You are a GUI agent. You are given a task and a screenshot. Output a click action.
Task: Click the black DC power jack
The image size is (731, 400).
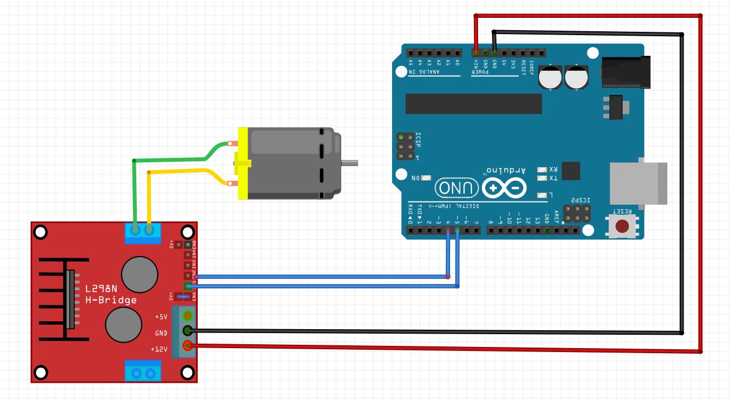(x=625, y=72)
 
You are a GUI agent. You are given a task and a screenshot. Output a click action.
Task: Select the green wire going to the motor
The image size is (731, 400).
(x=135, y=190)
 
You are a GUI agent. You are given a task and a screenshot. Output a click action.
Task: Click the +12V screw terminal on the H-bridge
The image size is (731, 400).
(x=188, y=346)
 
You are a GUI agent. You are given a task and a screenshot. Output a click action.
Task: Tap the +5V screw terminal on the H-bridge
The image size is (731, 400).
(x=188, y=316)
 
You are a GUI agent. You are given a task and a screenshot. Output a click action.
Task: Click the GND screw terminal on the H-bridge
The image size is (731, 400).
(x=188, y=331)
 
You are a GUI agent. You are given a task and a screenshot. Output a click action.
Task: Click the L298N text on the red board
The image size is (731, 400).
(x=102, y=290)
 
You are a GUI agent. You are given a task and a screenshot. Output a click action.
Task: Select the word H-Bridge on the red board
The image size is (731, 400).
(x=111, y=300)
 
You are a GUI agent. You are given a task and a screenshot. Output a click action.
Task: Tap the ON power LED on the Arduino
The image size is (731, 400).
(x=426, y=178)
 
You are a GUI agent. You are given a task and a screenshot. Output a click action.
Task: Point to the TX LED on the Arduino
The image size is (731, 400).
(x=541, y=179)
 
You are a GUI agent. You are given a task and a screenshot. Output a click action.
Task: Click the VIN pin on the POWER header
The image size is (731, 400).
(x=476, y=52)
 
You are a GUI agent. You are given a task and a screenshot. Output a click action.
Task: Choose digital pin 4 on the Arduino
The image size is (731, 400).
(x=448, y=230)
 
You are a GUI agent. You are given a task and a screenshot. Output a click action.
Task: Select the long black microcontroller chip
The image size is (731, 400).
(x=474, y=103)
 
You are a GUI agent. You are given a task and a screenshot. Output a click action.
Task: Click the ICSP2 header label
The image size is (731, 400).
(x=579, y=200)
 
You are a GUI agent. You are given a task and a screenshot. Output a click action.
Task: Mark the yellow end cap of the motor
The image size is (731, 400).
(x=243, y=163)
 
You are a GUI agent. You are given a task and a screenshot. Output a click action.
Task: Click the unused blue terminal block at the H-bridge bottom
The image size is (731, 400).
(x=142, y=370)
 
